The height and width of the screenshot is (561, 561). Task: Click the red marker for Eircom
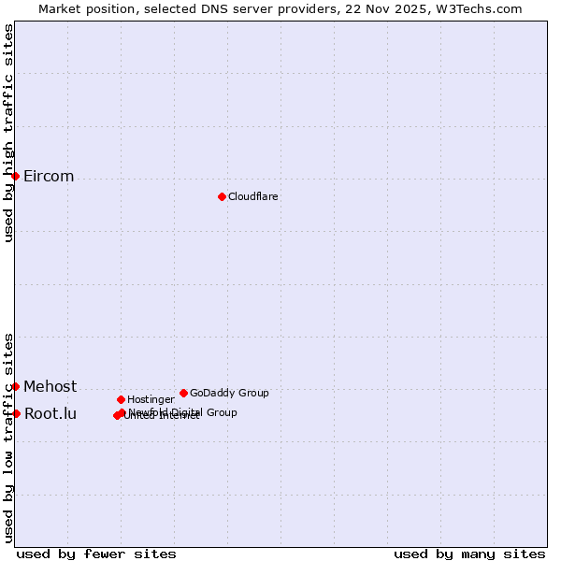tap(15, 176)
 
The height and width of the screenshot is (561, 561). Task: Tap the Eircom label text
tap(49, 177)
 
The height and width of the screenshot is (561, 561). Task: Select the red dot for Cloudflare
tap(222, 196)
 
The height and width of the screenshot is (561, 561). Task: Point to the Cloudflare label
tap(252, 196)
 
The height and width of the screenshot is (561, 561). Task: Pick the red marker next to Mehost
tap(15, 386)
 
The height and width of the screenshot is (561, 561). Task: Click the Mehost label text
tap(50, 386)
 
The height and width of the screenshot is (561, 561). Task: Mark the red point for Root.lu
tap(16, 413)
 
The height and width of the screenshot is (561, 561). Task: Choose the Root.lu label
tap(50, 413)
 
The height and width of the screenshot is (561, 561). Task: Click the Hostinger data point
tap(121, 399)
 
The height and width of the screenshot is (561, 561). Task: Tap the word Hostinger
tap(151, 399)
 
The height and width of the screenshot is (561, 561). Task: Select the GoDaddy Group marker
tap(183, 393)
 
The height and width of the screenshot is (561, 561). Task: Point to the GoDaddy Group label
tap(229, 393)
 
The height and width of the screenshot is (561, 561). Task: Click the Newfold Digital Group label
tap(183, 412)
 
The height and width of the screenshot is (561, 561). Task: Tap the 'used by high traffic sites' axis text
tap(8, 133)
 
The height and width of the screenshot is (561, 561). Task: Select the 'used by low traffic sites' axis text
tap(8, 438)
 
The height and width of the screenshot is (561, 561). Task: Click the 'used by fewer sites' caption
tap(96, 554)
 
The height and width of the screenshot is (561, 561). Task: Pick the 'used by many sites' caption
tap(469, 554)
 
